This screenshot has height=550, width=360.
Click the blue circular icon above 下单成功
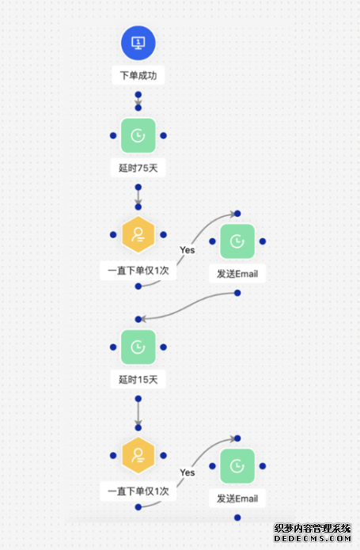point(138,43)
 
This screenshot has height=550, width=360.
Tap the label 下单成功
point(138,75)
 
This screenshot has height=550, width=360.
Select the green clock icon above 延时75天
point(138,135)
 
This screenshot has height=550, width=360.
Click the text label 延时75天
point(138,168)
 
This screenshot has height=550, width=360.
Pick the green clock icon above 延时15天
point(138,347)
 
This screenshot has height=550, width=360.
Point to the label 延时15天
point(138,380)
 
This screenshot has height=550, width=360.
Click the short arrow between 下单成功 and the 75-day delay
point(138,101)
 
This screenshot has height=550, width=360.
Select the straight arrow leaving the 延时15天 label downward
point(138,413)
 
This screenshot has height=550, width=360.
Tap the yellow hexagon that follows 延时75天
point(138,235)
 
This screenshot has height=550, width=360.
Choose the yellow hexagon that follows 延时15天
point(138,455)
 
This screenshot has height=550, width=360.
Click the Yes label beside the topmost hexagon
point(188,250)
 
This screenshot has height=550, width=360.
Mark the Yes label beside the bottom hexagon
point(188,472)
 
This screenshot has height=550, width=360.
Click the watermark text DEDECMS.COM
point(313,538)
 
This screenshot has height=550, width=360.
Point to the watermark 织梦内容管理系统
point(313,529)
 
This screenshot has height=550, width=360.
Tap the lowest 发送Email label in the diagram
point(237,499)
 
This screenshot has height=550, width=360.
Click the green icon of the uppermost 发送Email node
point(237,241)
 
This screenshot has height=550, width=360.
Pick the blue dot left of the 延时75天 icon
point(113,135)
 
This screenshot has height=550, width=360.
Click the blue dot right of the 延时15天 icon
point(163,347)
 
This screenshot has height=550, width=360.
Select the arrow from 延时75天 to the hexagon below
point(138,197)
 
